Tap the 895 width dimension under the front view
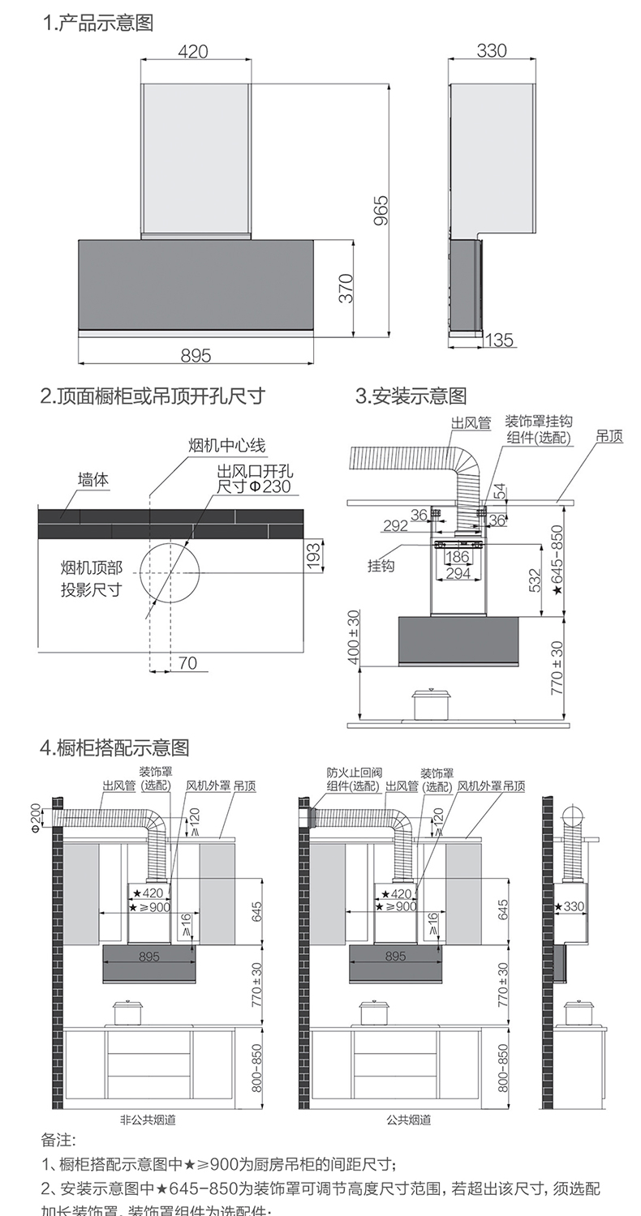point(196,355)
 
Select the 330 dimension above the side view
point(492,51)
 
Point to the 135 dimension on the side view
point(500,340)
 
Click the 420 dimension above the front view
point(192,51)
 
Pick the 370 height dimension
point(346,289)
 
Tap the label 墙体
point(92,481)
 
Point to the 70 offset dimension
point(187,663)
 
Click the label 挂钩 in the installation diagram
point(381,566)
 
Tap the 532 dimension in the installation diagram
point(536,580)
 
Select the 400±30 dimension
point(354,636)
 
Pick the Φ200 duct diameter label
point(36,817)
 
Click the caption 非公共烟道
point(148,1120)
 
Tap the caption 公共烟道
point(409,1120)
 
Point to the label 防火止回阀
point(353,773)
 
